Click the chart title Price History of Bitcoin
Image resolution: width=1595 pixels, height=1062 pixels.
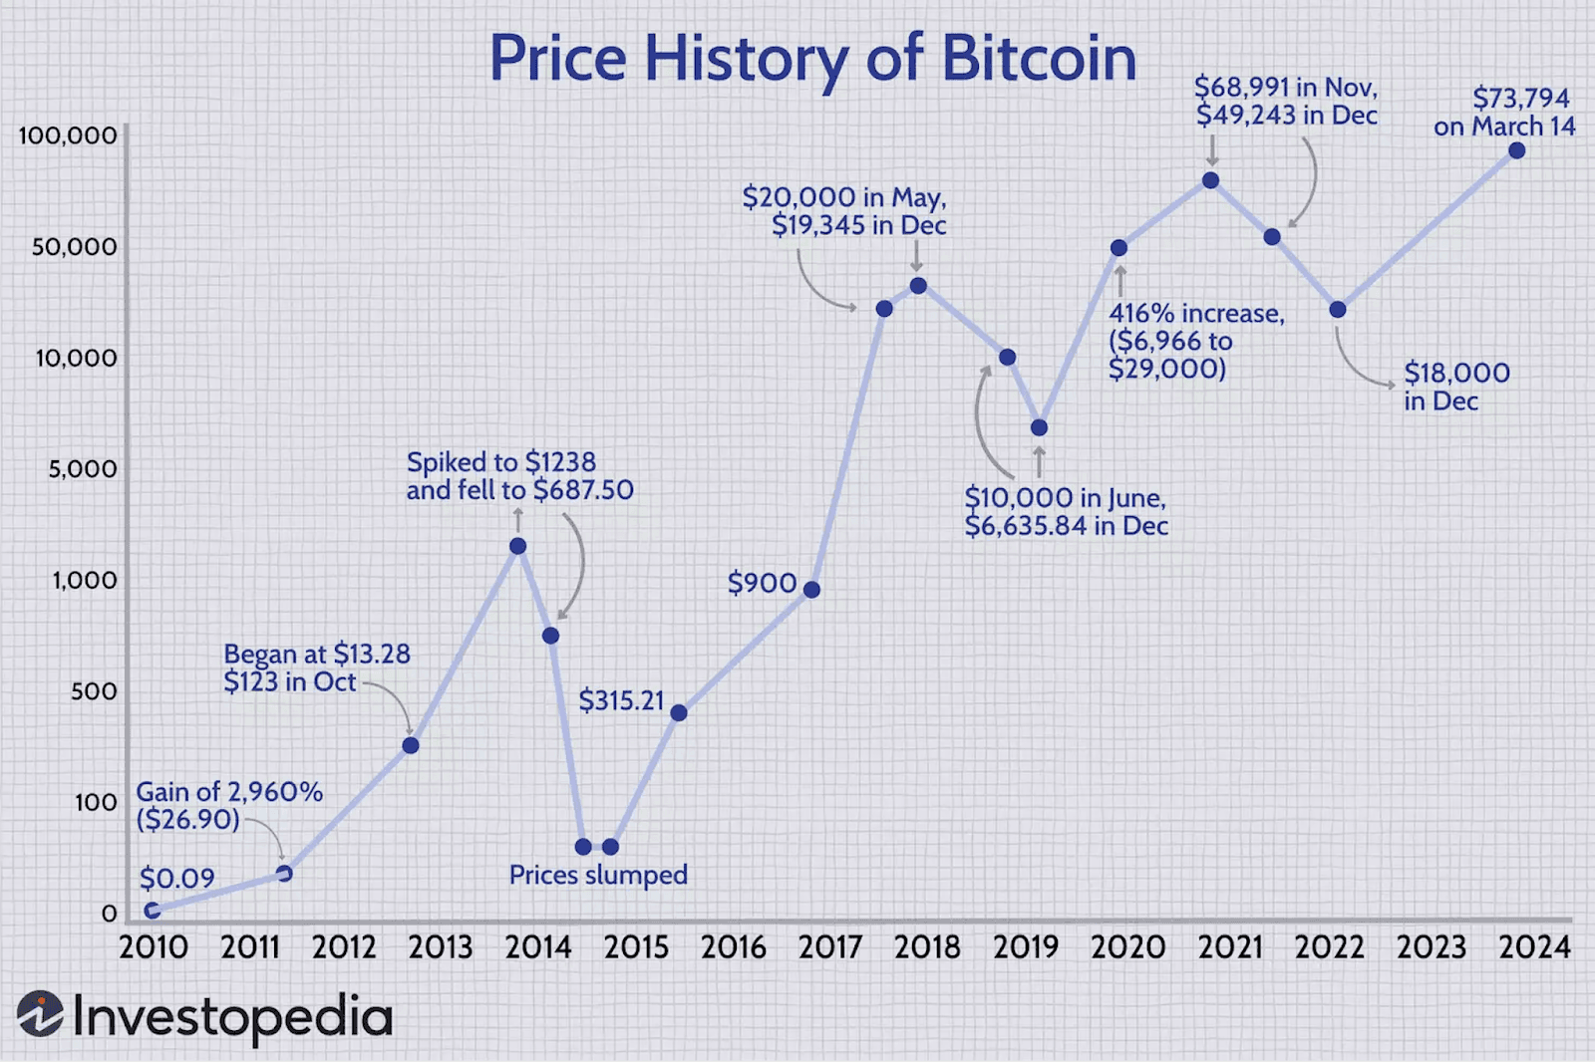[812, 59]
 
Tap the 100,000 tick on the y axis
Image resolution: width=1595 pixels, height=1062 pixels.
[68, 135]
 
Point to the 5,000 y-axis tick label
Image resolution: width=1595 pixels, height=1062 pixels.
[83, 468]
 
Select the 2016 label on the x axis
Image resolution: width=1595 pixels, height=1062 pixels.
[734, 946]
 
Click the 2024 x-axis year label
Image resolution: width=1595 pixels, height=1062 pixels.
[1535, 946]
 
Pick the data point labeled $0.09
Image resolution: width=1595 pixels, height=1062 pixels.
[152, 911]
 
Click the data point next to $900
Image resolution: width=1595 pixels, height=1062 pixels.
[811, 590]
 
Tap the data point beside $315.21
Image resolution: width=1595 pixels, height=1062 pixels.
[679, 712]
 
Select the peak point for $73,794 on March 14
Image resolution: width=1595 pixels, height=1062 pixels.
[1516, 150]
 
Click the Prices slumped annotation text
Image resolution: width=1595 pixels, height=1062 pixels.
[598, 875]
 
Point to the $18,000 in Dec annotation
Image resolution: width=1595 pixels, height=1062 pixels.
[1456, 387]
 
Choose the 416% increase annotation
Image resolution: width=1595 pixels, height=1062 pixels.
[1196, 341]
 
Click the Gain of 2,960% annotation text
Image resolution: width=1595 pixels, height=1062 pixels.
[229, 805]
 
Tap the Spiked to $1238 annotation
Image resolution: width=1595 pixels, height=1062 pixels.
[519, 476]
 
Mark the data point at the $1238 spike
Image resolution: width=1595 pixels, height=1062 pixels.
[517, 546]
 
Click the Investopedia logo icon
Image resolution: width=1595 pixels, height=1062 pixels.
[40, 1014]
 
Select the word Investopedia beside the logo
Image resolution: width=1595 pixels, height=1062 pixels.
[233, 1017]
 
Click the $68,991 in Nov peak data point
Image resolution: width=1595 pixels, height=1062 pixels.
[1210, 180]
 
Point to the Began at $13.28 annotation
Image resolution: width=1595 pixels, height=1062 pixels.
[316, 667]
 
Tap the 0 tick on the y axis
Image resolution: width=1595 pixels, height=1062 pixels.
[109, 913]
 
